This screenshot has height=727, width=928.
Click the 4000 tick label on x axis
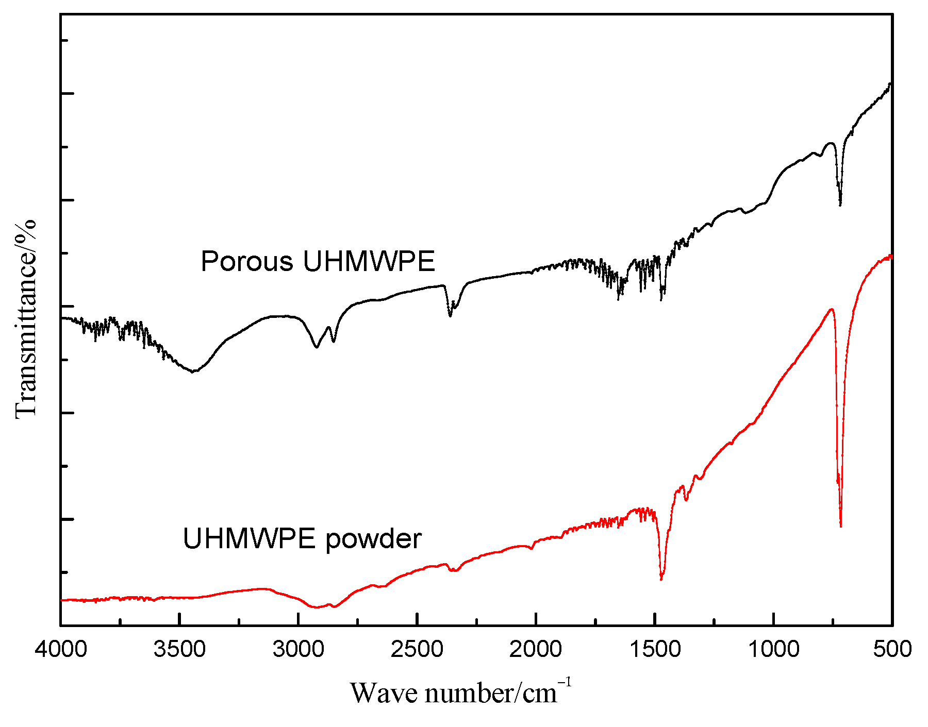pos(61,649)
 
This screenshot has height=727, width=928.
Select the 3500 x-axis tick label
pos(179,649)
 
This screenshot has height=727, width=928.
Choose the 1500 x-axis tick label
pos(655,649)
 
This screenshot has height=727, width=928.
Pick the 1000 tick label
pos(773,649)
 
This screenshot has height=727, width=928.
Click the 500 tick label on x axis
pos(892,649)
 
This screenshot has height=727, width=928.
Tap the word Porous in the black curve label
pos(247,262)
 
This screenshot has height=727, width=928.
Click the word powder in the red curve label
pos(374,539)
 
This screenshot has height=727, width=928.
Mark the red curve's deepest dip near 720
pos(840,526)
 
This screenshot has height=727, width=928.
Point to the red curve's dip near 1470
pos(661,579)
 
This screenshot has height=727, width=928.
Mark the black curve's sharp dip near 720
pos(840,204)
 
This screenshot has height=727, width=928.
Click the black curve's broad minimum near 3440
pos(193,371)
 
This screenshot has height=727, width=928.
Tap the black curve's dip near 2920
pos(317,347)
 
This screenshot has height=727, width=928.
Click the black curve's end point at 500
pos(890,84)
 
